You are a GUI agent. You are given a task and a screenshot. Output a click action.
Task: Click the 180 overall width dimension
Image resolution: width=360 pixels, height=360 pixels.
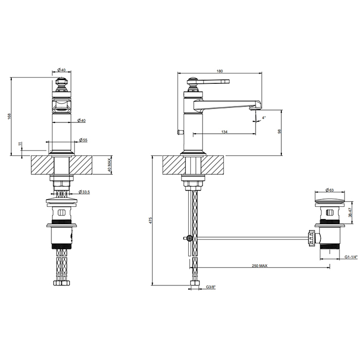pos(220,71)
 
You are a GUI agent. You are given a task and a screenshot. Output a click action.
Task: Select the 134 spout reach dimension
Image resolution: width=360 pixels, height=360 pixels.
pos(224,132)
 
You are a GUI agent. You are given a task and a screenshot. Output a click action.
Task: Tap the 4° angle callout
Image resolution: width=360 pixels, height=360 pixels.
pos(264,118)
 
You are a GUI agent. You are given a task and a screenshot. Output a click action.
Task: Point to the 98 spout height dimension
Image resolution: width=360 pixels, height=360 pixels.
pos(279,131)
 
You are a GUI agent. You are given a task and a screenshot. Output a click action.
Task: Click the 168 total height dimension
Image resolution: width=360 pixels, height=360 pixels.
pos(9,116)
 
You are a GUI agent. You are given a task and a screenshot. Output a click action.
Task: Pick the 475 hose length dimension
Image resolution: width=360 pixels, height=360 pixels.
pos(150,220)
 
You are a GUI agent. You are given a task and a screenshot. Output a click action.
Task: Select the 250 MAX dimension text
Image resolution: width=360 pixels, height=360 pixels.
pos(260,266)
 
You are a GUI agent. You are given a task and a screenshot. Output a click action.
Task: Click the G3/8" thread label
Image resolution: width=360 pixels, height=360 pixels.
pos(211,287)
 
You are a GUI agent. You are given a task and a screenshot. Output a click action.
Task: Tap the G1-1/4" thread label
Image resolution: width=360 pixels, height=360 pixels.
pos(351,257)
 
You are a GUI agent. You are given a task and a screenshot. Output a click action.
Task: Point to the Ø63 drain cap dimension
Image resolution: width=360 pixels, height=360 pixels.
pos(330,190)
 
